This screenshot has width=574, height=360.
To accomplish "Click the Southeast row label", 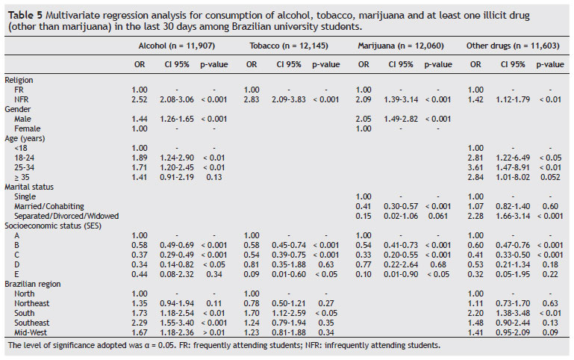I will click(31, 321).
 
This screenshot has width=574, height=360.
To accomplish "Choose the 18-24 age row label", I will click(25, 158).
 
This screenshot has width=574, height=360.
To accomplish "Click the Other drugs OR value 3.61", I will click(475, 168).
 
